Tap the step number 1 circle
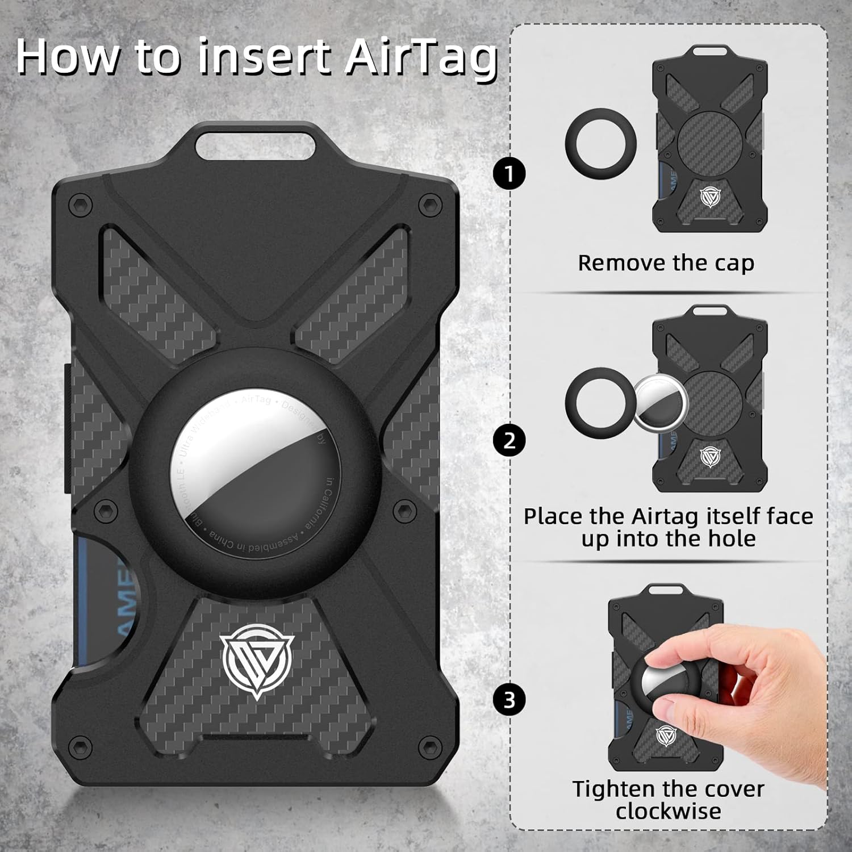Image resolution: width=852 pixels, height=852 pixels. pyautogui.click(x=509, y=173)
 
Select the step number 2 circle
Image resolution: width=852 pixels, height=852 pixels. pyautogui.click(x=509, y=440)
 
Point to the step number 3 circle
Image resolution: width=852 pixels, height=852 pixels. pyautogui.click(x=509, y=700)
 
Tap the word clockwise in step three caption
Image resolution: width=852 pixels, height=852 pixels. pyautogui.click(x=668, y=811)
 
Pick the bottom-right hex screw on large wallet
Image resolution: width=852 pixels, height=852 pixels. pyautogui.click(x=430, y=745)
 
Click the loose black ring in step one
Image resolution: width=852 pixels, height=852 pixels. pyautogui.click(x=600, y=144)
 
